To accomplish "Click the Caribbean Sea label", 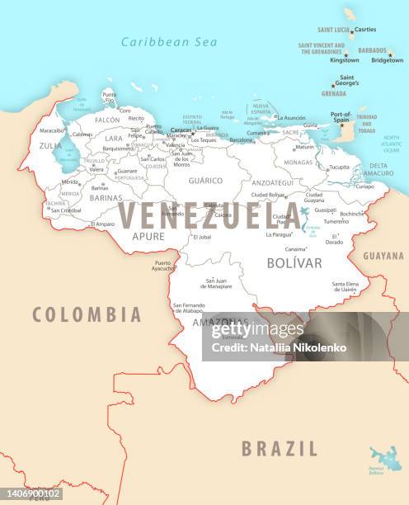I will point(168,42).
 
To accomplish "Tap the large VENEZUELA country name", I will point(209,216).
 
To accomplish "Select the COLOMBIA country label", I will point(87,314).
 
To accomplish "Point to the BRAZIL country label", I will point(279,449).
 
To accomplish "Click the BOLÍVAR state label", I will point(294,263).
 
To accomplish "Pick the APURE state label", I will point(148,236).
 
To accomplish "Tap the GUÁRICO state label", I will point(205,180).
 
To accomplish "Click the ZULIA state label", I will point(50,145).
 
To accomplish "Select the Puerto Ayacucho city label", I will point(163,267).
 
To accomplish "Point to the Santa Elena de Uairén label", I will point(345,286).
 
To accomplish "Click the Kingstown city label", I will point(345,59).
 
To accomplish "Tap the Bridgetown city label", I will point(387,59).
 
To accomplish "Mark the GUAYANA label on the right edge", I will point(383,256).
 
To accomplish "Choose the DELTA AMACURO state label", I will point(380,169).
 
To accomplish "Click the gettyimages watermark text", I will point(256,331).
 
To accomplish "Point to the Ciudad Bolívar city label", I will point(269,195).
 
